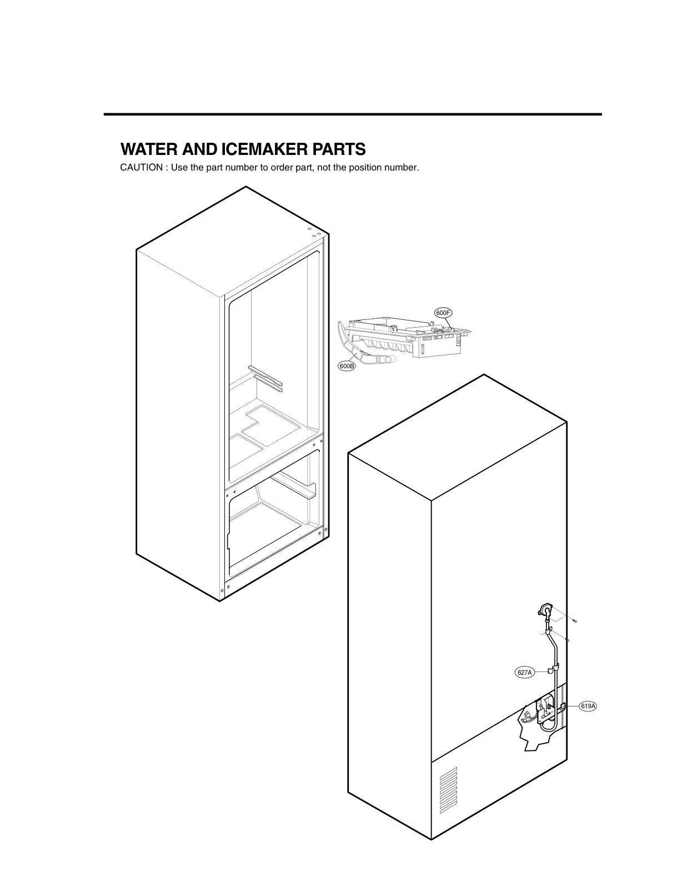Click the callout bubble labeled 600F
(x=443, y=313)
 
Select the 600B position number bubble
(x=347, y=366)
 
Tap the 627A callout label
(x=524, y=673)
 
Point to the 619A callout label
(x=588, y=706)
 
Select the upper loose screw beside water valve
(x=575, y=621)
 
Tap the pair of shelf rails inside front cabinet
(x=265, y=378)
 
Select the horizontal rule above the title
(x=353, y=114)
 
